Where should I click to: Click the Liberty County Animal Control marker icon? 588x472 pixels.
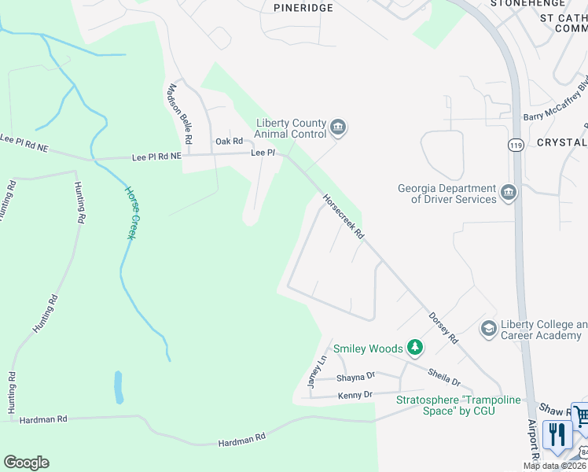tap(338, 127)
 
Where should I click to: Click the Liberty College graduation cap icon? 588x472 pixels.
tap(488, 328)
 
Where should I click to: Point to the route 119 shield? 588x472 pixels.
tap(516, 146)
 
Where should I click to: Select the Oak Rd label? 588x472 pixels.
tap(228, 142)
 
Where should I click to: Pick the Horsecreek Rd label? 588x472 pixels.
tap(344, 218)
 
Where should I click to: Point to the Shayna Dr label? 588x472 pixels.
tap(356, 377)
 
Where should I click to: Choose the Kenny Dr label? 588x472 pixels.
tap(356, 393)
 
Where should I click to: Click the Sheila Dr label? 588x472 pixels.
tap(444, 377)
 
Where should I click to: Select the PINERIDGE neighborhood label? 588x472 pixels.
tap(303, 7)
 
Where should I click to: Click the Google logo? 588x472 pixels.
tap(26, 463)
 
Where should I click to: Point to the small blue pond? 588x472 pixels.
tap(119, 386)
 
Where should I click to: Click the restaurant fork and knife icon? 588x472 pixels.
tap(557, 435)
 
